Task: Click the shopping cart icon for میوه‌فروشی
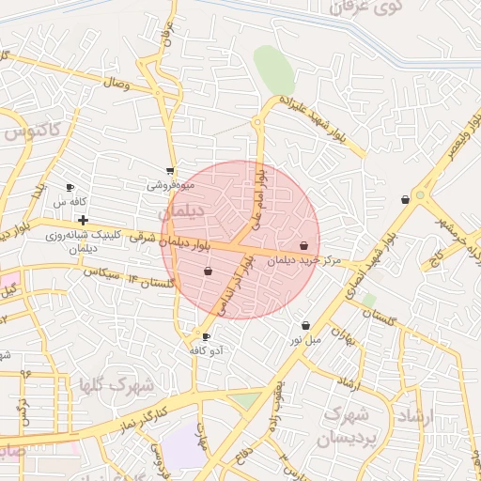(170, 171)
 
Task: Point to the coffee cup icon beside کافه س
(70, 188)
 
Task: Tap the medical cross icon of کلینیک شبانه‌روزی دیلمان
(84, 220)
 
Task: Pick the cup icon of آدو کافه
(207, 336)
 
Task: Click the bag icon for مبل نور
(305, 325)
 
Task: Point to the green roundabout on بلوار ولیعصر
(421, 198)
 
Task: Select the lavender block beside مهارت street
(183, 446)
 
